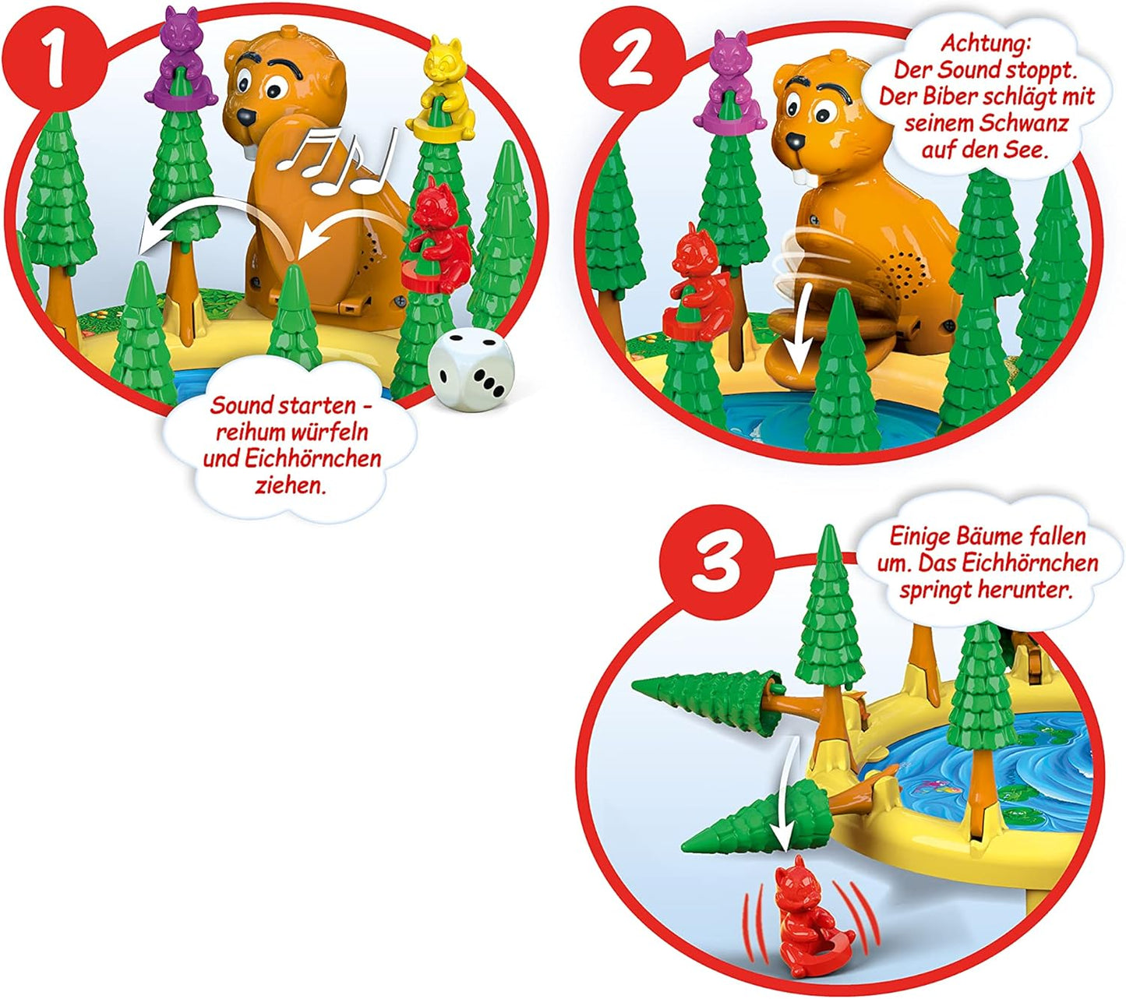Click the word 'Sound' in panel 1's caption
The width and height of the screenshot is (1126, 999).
click(242, 405)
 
